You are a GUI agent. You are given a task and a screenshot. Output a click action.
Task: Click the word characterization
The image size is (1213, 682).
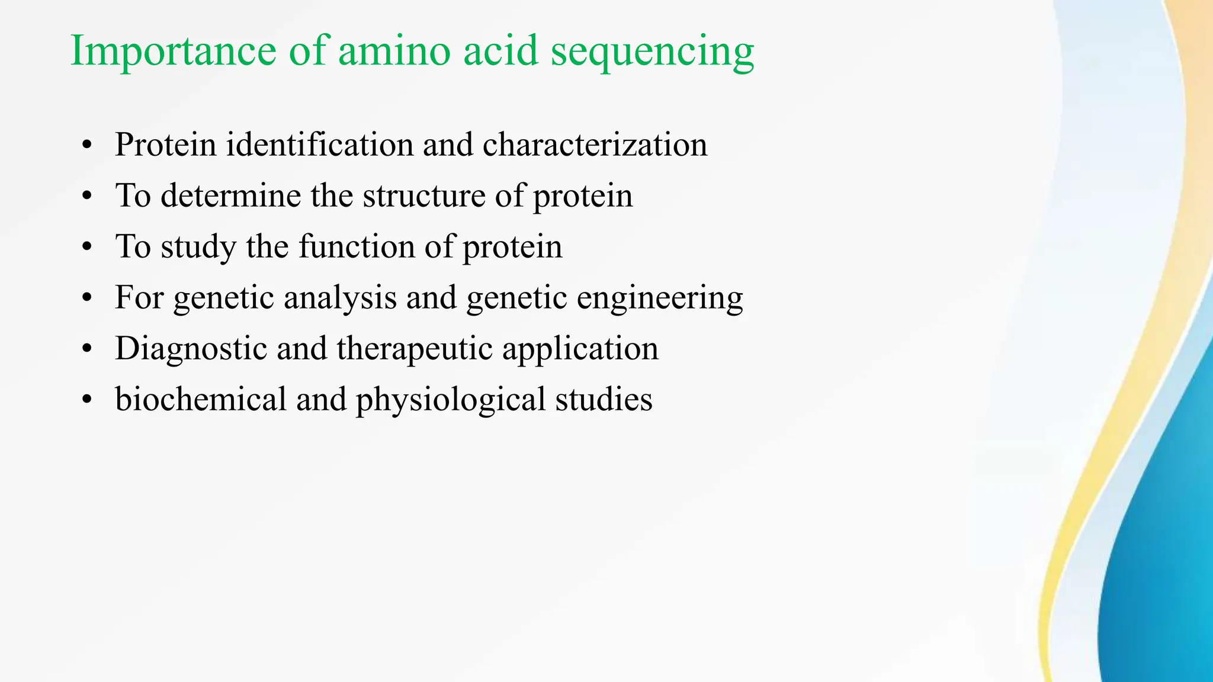point(595,144)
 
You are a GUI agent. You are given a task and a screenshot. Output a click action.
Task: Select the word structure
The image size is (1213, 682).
point(424,195)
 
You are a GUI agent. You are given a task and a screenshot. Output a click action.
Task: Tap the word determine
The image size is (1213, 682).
point(230,195)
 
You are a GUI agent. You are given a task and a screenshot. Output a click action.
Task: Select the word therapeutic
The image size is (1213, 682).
point(415,349)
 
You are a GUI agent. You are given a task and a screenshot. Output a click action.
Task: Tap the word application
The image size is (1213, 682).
point(580,349)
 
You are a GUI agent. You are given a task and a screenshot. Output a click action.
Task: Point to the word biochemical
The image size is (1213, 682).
point(201,399)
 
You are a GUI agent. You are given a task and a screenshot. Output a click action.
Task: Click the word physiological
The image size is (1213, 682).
point(450,400)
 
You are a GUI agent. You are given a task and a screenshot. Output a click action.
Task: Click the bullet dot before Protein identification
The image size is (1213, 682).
point(88,146)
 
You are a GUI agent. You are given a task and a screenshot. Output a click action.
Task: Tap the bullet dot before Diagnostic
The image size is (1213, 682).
point(88,349)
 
